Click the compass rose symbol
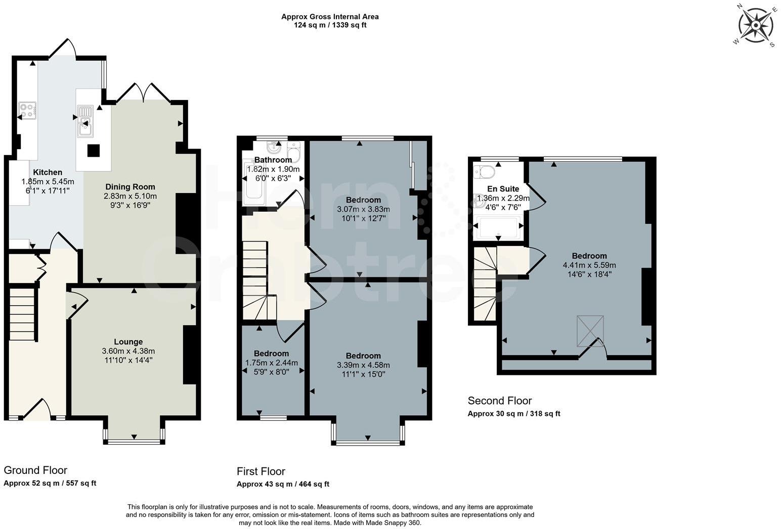pyautogui.click(x=755, y=25)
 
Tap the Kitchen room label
pyautogui.click(x=48, y=172)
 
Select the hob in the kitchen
pyautogui.click(x=27, y=111)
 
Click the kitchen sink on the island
pyautogui.click(x=85, y=121)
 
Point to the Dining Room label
pyautogui.click(x=130, y=187)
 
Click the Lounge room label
pyautogui.click(x=128, y=342)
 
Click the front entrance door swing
pyautogui.click(x=37, y=409)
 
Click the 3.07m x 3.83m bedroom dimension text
pyautogui.click(x=363, y=209)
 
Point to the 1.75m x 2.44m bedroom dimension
pyautogui.click(x=271, y=363)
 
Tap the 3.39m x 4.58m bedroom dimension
pyautogui.click(x=363, y=365)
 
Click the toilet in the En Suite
pyautogui.click(x=485, y=172)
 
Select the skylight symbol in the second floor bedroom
pyautogui.click(x=590, y=331)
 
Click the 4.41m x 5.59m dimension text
pyautogui.click(x=589, y=265)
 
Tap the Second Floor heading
pyautogui.click(x=499, y=401)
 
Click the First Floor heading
pyautogui.click(x=261, y=471)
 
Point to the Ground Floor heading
pyautogui.click(x=35, y=470)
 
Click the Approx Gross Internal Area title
pyautogui.click(x=330, y=17)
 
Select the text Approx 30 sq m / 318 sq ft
pyautogui.click(x=513, y=414)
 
